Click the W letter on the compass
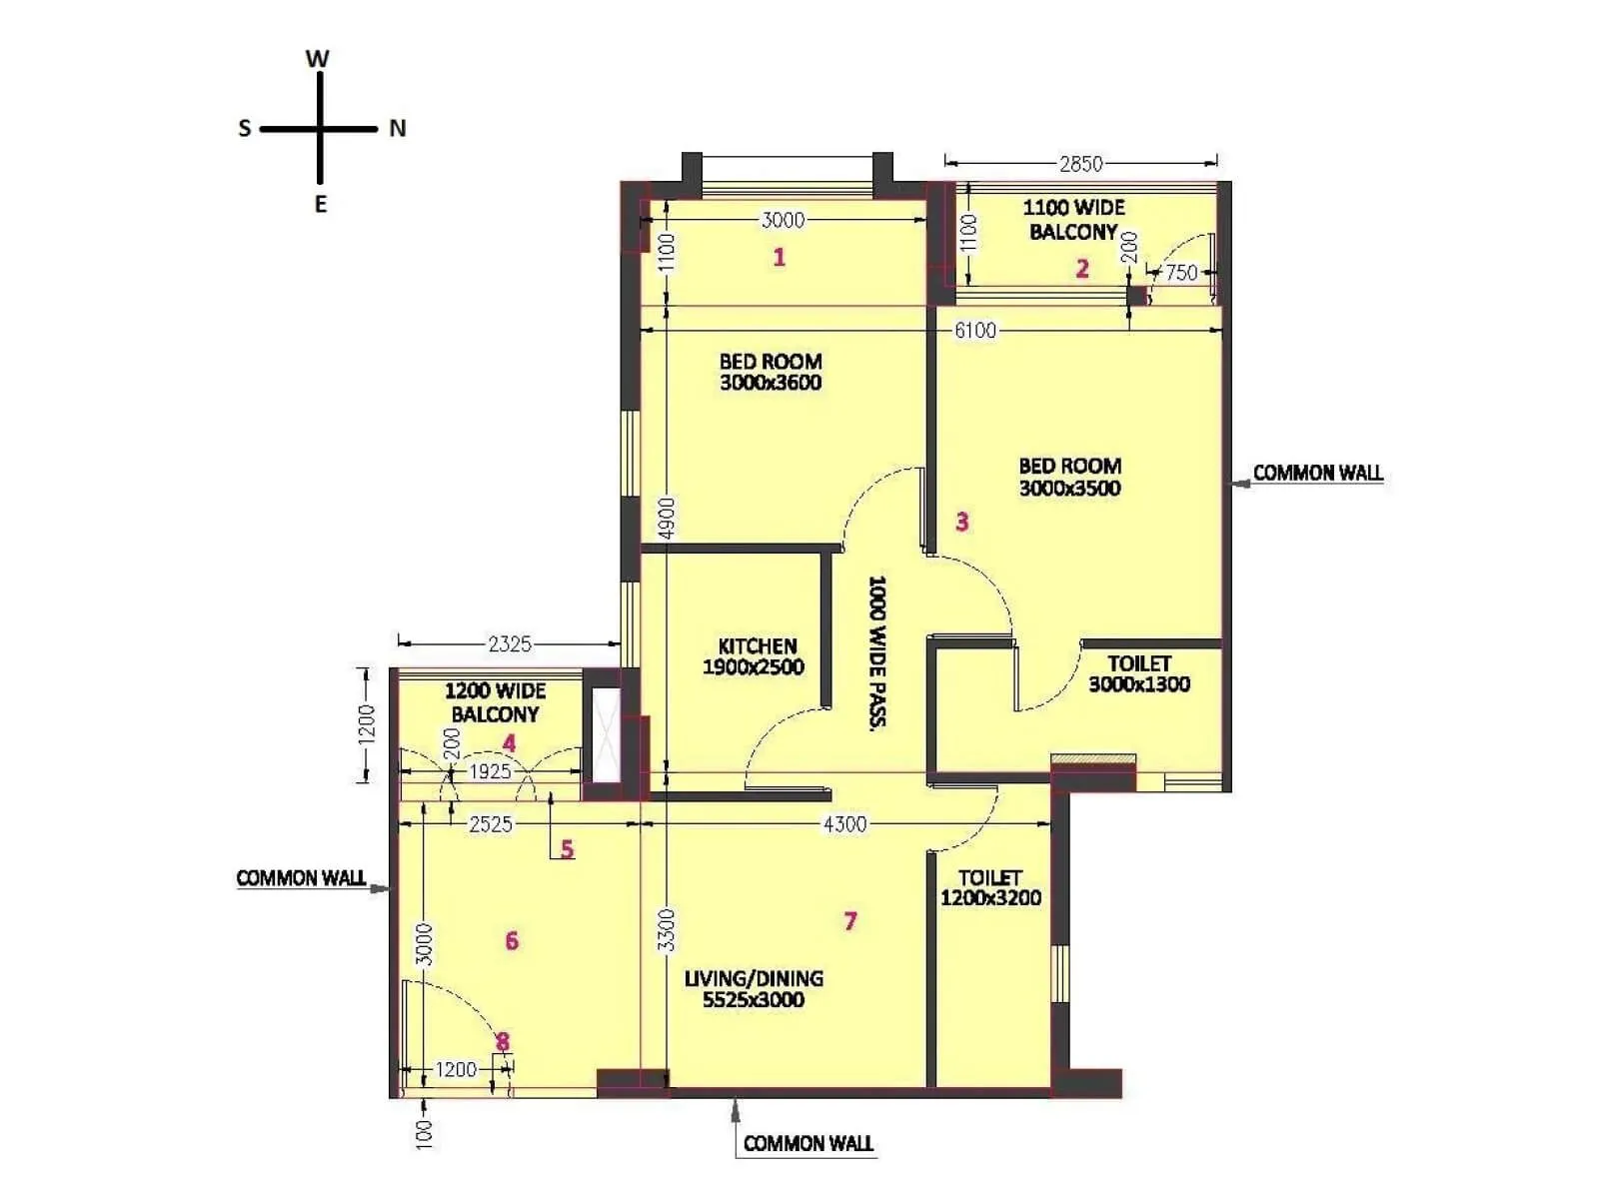pyautogui.click(x=317, y=59)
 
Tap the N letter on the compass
pyautogui.click(x=398, y=129)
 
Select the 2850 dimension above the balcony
pyautogui.click(x=1080, y=163)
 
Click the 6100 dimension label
pyautogui.click(x=974, y=331)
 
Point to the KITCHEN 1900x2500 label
pyautogui.click(x=756, y=656)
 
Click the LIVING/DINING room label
pyautogui.click(x=754, y=988)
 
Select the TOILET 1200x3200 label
pyautogui.click(x=990, y=887)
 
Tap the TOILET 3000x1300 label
pyautogui.click(x=1139, y=673)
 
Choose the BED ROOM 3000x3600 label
pyautogui.click(x=771, y=372)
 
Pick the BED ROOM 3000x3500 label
pyautogui.click(x=1069, y=477)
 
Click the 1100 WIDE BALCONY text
pyautogui.click(x=1073, y=220)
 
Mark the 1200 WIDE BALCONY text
pyautogui.click(x=495, y=702)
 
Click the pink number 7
pyautogui.click(x=850, y=921)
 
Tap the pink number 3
pyautogui.click(x=961, y=522)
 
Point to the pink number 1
pyautogui.click(x=780, y=258)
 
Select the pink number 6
pyautogui.click(x=512, y=941)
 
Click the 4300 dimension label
pyautogui.click(x=844, y=824)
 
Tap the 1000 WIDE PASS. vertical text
pyautogui.click(x=877, y=650)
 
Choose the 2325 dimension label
pyautogui.click(x=509, y=644)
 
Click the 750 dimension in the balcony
pyautogui.click(x=1181, y=272)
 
